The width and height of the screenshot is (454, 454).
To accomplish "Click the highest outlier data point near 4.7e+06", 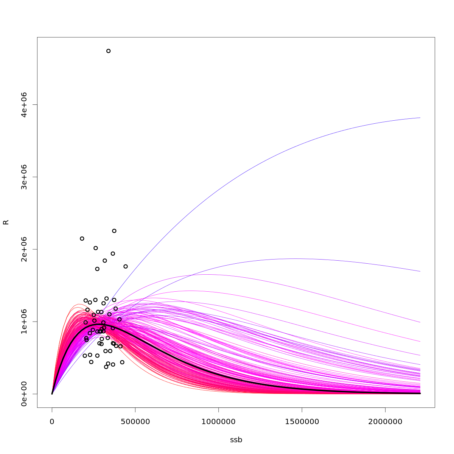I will (109, 51).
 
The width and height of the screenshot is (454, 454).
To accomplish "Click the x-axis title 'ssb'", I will (236, 440).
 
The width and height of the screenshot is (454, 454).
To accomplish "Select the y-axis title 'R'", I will (6, 222).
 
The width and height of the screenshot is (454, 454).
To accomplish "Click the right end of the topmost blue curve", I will (420, 118).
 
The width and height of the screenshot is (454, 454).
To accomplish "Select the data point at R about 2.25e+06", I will (114, 231).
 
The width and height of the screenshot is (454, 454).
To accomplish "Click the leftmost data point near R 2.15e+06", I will (82, 238).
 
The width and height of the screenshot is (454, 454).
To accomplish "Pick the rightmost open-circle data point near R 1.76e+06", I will (126, 266).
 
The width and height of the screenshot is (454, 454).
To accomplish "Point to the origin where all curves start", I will (52, 394).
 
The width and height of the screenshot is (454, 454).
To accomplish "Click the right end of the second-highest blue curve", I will (420, 271).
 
